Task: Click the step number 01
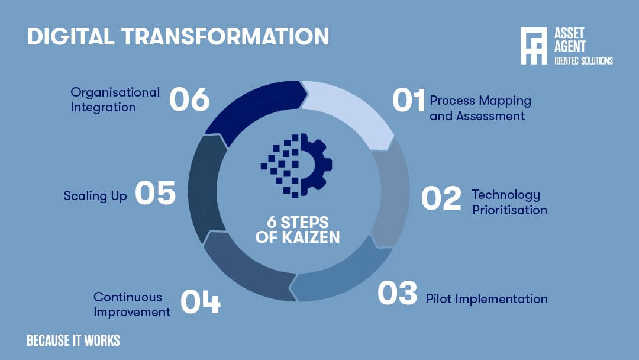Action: (x=409, y=100)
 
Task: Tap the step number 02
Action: (x=441, y=198)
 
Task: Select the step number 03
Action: (x=398, y=294)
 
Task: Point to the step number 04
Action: (x=200, y=301)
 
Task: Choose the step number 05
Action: (x=155, y=194)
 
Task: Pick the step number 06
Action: (x=189, y=99)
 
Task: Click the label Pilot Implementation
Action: (x=486, y=298)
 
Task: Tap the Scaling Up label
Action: (x=95, y=196)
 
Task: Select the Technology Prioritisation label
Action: (x=509, y=202)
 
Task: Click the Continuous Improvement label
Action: (x=131, y=304)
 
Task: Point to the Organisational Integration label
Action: (x=115, y=99)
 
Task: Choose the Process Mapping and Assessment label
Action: (x=480, y=108)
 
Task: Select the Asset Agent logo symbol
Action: (x=534, y=46)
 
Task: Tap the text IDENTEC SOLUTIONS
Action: (x=583, y=61)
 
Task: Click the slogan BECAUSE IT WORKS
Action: (x=73, y=340)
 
